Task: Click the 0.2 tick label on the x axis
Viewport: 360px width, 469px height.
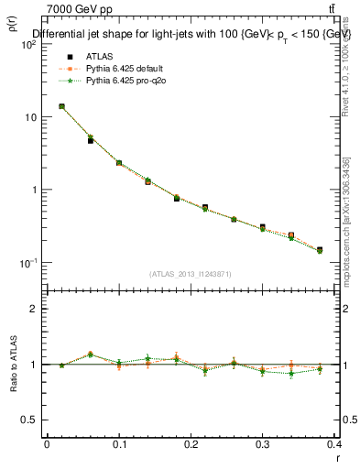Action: point(191,443)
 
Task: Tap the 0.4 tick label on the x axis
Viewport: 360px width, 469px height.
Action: point(334,443)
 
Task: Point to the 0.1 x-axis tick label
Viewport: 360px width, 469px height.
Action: point(119,443)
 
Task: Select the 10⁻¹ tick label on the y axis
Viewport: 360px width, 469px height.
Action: point(29,263)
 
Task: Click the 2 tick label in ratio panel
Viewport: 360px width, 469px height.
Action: point(35,309)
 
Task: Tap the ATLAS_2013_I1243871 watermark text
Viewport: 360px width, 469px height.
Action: point(191,274)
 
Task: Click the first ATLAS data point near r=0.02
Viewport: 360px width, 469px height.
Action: point(61,106)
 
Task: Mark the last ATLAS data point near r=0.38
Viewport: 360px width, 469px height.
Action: point(320,249)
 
